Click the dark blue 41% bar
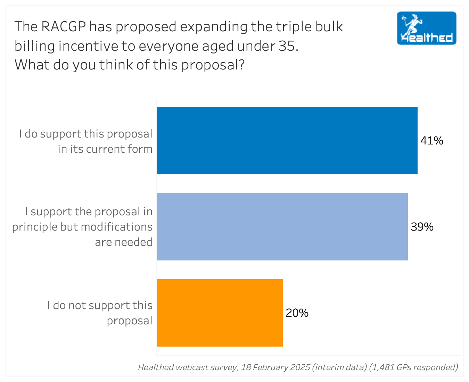[287, 141]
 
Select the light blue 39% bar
[282, 227]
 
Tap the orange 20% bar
[220, 313]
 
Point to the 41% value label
[432, 141]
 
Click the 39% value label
[422, 227]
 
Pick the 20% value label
[297, 313]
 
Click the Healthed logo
[426, 28]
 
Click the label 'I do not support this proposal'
[100, 313]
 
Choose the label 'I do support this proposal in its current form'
[86, 141]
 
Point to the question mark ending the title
[242, 65]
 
